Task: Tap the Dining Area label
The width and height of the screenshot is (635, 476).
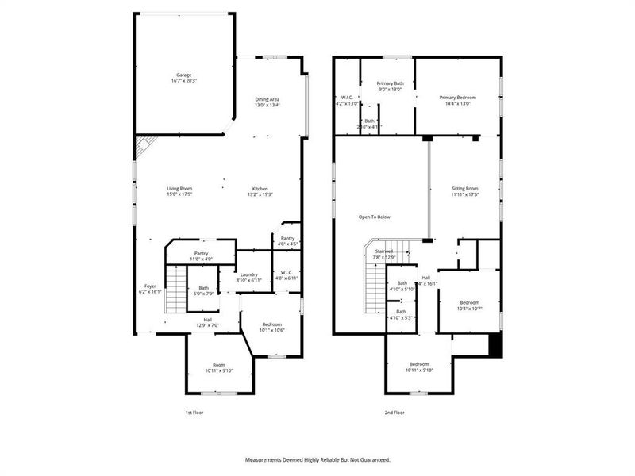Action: [267, 98]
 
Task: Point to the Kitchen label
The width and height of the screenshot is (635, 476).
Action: [261, 188]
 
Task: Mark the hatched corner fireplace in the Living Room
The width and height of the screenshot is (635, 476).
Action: [143, 146]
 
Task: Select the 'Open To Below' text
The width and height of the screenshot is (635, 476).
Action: [375, 217]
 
